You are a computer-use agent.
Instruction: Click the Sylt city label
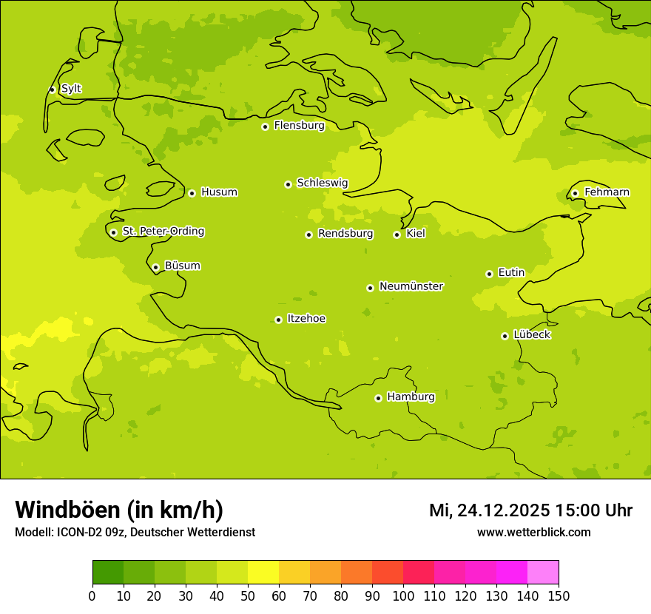[x=71, y=89]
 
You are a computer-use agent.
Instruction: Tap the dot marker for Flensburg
[x=265, y=126]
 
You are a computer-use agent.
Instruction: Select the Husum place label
[x=219, y=192]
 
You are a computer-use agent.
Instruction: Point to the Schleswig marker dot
[x=288, y=184]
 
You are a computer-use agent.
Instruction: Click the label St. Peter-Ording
[x=163, y=232]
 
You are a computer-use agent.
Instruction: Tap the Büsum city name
[x=182, y=266]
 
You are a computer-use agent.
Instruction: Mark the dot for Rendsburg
[x=308, y=235]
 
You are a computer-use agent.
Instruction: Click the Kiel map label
[x=416, y=234]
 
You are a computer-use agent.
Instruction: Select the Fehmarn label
[x=607, y=192]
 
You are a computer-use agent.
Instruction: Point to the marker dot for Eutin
[x=489, y=274]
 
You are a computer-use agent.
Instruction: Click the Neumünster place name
[x=411, y=286]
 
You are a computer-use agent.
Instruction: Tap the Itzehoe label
[x=306, y=319]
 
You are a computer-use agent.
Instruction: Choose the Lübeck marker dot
[x=505, y=336]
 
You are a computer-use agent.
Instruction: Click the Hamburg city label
[x=411, y=397]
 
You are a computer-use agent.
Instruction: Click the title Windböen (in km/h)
[x=119, y=510]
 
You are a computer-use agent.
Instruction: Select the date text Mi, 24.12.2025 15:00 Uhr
[x=530, y=510]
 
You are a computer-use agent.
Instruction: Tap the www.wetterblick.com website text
[x=533, y=532]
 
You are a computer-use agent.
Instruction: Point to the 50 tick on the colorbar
[x=248, y=596]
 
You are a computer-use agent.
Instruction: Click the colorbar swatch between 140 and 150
[x=543, y=573]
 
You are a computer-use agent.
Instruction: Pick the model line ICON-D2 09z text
[x=135, y=532]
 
